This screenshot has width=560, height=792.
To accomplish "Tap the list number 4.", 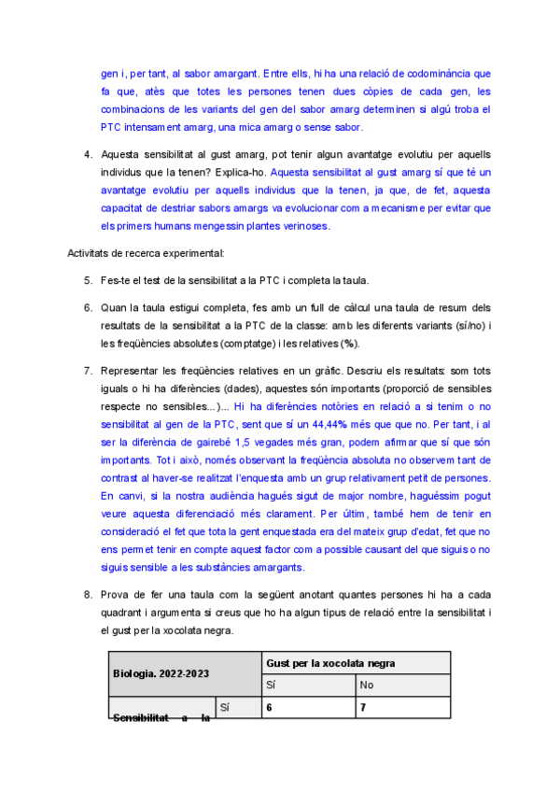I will (86, 154).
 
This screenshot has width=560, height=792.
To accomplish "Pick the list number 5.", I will (86, 280).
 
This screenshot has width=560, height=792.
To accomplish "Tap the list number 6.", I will (86, 306).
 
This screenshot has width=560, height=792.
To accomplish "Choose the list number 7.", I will (86, 370).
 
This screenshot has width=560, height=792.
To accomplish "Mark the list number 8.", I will (86, 595).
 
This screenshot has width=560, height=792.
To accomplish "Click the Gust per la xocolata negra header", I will (354, 662).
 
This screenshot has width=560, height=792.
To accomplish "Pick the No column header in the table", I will (369, 685).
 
